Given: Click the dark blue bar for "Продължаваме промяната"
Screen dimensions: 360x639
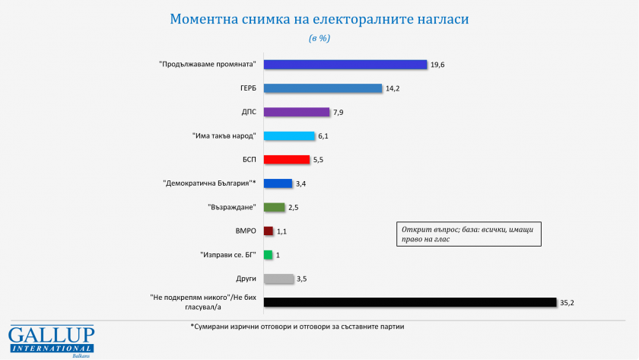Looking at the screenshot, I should [x=345, y=64].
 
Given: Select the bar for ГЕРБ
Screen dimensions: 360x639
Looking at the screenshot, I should [x=323, y=88].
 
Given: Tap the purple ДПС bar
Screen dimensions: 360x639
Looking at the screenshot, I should [x=297, y=112].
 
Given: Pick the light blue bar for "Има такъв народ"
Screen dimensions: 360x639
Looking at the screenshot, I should [x=289, y=136].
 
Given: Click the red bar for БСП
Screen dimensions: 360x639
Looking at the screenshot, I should [x=287, y=160].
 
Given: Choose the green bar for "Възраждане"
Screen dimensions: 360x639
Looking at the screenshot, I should [x=274, y=207].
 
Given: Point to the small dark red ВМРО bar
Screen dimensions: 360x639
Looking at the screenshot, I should [x=268, y=231].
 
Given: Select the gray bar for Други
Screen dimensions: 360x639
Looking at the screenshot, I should [x=278, y=279].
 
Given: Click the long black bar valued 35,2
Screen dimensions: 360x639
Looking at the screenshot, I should [x=409, y=302].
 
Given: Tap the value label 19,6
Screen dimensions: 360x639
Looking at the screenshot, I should [x=437, y=65].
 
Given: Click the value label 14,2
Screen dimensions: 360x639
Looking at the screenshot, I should [x=393, y=88].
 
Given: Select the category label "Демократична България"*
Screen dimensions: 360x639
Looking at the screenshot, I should [x=210, y=183].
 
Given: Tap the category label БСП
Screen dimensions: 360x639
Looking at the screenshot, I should [x=247, y=160].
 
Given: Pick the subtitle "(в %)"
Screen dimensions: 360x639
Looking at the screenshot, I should [x=319, y=37].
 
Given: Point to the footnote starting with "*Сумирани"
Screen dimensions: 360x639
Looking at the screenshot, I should [x=297, y=327].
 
